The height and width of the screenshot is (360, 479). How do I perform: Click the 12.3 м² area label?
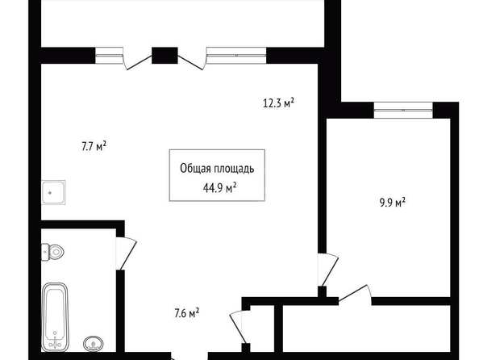(278, 103)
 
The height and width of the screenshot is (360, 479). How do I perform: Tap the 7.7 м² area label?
(94, 147)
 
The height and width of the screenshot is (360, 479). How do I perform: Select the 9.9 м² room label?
(393, 203)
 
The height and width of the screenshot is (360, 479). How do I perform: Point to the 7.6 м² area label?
(187, 313)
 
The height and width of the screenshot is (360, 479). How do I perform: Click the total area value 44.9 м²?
(219, 188)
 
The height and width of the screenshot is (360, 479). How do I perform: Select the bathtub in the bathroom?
(55, 317)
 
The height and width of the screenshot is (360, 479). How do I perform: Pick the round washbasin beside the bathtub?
(94, 344)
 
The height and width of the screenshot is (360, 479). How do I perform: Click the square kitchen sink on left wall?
(53, 192)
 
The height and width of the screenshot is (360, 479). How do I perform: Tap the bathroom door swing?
(126, 253)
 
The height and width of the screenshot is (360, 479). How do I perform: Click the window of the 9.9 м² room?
(403, 110)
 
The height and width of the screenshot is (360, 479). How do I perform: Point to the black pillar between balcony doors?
(165, 56)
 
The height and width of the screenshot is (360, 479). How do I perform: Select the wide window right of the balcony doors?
(236, 56)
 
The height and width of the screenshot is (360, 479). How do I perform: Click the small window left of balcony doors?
(110, 56)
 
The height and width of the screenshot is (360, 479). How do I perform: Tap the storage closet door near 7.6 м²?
(239, 327)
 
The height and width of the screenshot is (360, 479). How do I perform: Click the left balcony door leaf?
(139, 62)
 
